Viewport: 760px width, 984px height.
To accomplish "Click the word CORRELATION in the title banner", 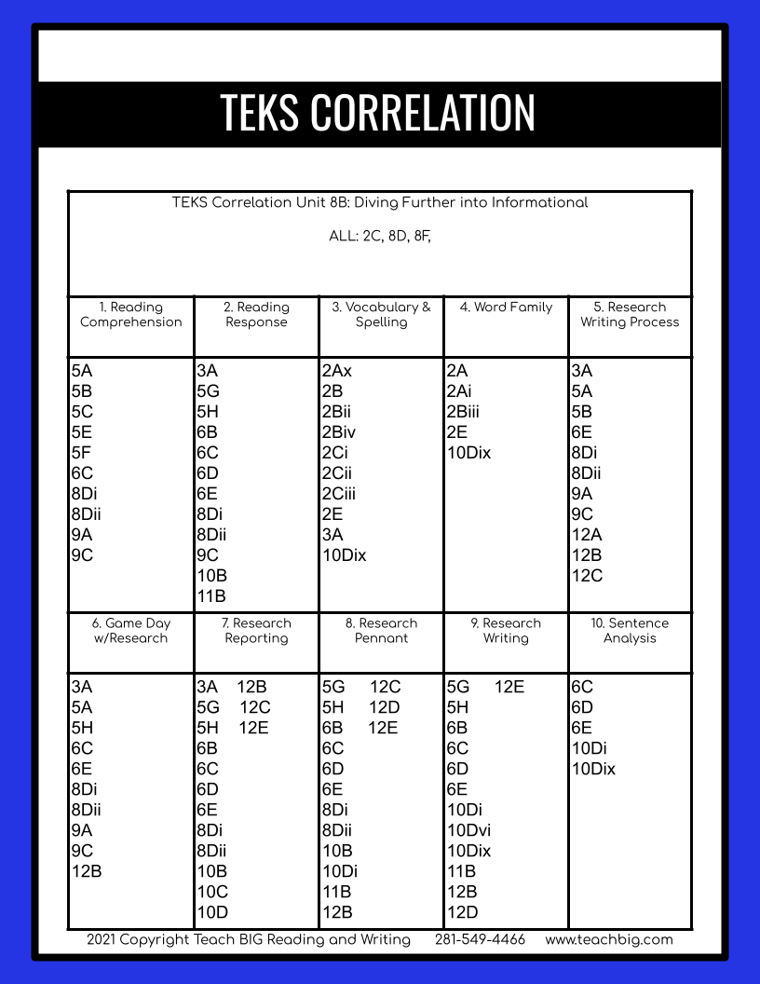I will tap(422, 112).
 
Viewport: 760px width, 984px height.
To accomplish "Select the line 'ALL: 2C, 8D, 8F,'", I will tap(380, 237).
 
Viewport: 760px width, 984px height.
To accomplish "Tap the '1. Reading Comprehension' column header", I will tap(131, 315).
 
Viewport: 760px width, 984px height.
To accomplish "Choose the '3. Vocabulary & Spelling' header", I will tap(381, 315).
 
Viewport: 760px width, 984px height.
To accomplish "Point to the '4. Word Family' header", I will tap(506, 307).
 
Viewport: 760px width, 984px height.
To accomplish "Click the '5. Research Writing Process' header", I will tap(630, 315).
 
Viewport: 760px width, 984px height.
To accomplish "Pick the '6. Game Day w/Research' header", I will tap(131, 631).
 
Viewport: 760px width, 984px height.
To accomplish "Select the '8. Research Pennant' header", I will tap(381, 631).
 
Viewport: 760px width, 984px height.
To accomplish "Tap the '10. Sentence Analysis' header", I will tap(630, 631).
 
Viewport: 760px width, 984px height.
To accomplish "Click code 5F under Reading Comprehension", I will tap(82, 453).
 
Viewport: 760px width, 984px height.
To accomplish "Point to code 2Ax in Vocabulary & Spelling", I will tap(337, 371).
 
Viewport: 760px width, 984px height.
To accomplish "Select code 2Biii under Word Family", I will tap(463, 412).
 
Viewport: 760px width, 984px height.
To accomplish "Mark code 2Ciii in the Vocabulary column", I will tap(339, 494).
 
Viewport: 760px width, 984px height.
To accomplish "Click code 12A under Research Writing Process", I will tap(587, 535).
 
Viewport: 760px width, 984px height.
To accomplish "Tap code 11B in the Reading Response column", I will tap(211, 596).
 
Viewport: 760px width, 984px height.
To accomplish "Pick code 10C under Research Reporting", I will tap(212, 892).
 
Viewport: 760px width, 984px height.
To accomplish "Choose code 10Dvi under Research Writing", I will tap(468, 830).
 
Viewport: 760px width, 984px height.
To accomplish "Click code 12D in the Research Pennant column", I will tap(385, 707).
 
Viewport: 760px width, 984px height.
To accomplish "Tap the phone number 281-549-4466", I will tap(480, 939).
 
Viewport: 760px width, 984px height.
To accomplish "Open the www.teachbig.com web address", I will tap(609, 939).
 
